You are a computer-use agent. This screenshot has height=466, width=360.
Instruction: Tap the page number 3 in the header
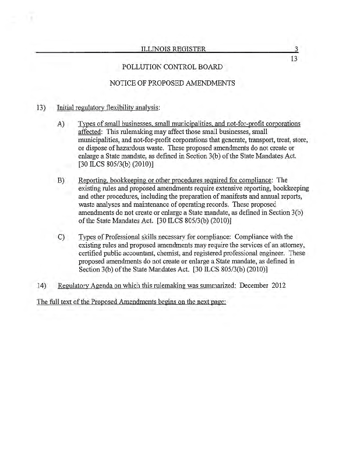[296, 50]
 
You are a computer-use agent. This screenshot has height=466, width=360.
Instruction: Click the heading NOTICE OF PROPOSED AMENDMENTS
[172, 83]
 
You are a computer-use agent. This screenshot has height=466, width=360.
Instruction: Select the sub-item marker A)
[61, 124]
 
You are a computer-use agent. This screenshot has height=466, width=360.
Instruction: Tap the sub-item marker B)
[61, 181]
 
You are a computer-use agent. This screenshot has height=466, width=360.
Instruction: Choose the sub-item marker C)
[61, 237]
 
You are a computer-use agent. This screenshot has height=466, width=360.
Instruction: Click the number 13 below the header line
[294, 58]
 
